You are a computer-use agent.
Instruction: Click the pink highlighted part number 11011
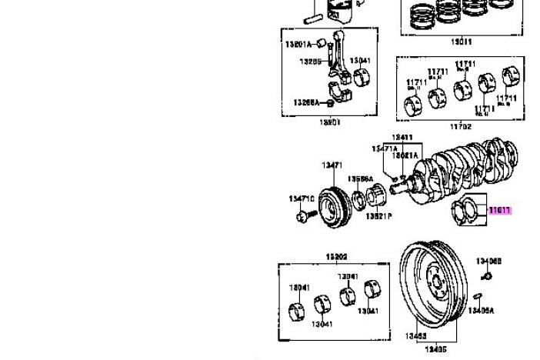(x=500, y=210)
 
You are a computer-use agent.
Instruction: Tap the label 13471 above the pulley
(x=332, y=165)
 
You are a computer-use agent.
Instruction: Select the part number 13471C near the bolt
(x=302, y=198)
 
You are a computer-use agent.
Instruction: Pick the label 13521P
(x=378, y=217)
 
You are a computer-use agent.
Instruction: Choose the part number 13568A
(x=359, y=179)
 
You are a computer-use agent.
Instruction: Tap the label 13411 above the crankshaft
(x=402, y=138)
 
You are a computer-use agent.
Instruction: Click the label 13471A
(x=384, y=149)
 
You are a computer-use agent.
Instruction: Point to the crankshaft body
(x=462, y=165)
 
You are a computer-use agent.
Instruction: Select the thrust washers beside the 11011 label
(x=467, y=209)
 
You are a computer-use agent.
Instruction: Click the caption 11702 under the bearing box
(x=459, y=125)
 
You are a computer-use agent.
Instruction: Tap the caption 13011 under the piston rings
(x=461, y=42)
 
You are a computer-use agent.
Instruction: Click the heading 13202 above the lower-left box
(x=336, y=257)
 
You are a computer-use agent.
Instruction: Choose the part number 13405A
(x=482, y=310)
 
